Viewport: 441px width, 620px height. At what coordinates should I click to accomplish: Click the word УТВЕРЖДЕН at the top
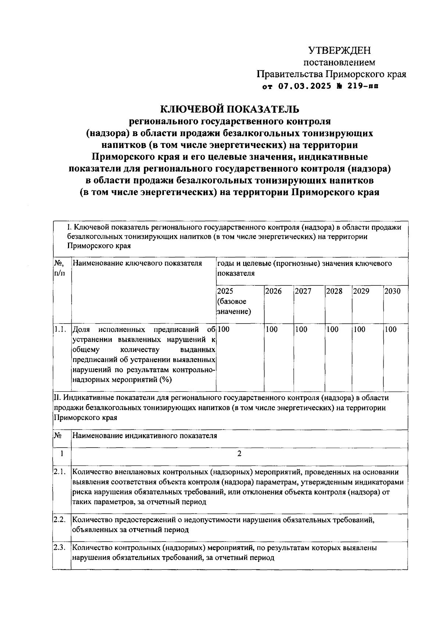point(339,50)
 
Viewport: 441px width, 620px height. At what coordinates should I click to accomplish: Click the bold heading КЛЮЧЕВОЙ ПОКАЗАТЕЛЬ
point(230,109)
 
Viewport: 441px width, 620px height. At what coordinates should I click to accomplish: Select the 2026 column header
point(273,291)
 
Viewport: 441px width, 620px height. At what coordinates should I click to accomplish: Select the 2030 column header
point(392,291)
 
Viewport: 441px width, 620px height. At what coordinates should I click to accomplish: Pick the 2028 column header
point(334,291)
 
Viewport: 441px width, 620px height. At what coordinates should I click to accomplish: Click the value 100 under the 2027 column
point(301,329)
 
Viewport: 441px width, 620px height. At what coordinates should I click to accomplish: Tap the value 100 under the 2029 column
point(359,329)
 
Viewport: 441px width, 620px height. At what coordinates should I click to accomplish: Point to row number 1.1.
point(60,329)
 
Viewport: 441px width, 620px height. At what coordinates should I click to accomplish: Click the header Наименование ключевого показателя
point(137,263)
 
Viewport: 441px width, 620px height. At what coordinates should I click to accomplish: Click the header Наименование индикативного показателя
point(145,436)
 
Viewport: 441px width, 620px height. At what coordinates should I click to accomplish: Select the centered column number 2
point(239,454)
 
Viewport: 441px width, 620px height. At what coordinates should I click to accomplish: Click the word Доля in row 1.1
point(81,329)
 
